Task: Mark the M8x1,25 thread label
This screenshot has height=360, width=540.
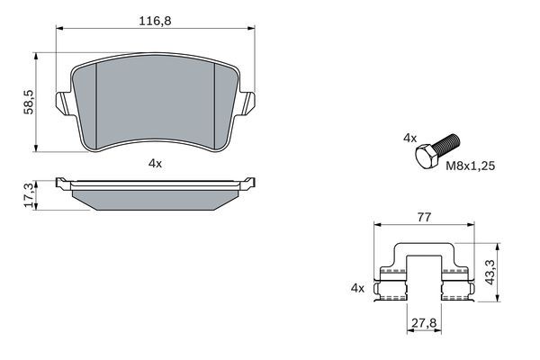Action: [468, 166]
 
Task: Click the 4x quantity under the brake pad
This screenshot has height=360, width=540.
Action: [155, 163]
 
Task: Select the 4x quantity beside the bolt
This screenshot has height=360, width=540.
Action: [409, 138]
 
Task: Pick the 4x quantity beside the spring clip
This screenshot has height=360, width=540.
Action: [357, 288]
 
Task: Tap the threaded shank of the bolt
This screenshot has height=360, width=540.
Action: [449, 142]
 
